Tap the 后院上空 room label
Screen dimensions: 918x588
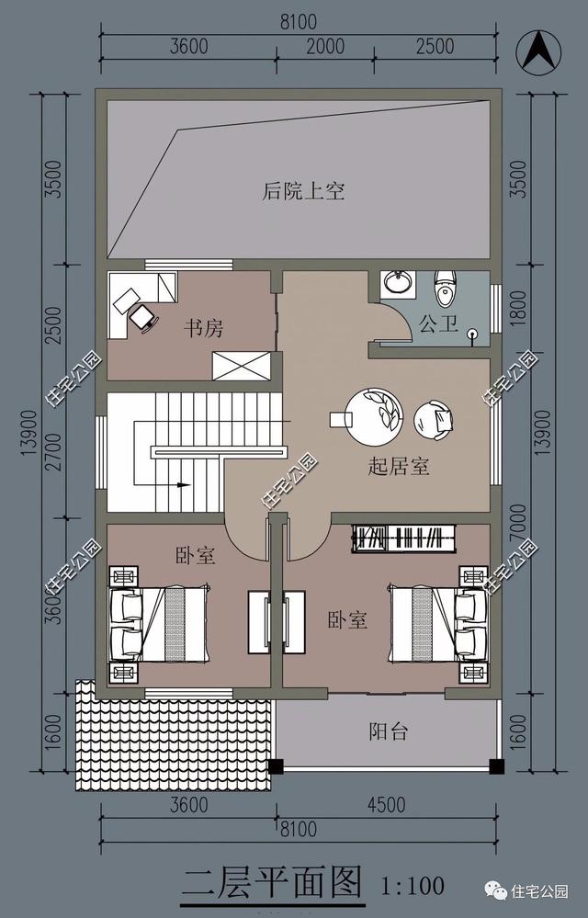(x=303, y=191)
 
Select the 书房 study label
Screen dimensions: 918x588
(x=203, y=328)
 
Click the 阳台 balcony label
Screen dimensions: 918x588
(x=389, y=731)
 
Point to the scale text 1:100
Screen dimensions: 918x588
(x=413, y=886)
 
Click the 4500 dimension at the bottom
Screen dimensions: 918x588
(x=386, y=805)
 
